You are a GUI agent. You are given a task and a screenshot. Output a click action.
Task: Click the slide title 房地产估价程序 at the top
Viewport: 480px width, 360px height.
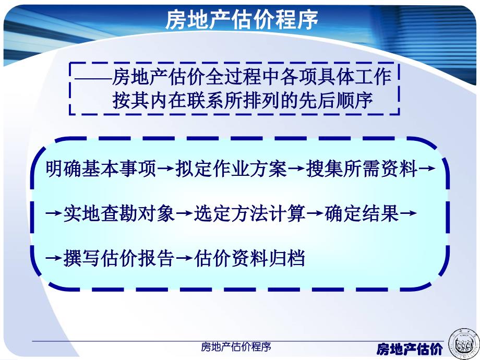click(242, 20)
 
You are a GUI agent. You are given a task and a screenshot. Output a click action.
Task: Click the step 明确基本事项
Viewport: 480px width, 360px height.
click(101, 169)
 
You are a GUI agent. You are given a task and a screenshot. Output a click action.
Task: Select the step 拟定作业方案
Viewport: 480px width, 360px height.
click(232, 169)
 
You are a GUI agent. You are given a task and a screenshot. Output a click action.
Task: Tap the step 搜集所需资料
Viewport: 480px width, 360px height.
click(362, 169)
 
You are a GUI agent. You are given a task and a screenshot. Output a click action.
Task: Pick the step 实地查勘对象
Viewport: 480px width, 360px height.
click(119, 213)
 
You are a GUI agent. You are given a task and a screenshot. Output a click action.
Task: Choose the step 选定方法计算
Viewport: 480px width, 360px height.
click(249, 213)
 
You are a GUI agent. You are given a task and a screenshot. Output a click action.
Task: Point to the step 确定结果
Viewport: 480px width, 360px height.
click(362, 213)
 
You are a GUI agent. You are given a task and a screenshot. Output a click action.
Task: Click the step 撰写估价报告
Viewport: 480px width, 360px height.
click(119, 258)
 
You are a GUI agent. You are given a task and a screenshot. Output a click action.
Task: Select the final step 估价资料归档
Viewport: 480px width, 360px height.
click(249, 258)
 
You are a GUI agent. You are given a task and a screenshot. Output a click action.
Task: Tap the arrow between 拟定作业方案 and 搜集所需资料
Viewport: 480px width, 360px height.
click(297, 169)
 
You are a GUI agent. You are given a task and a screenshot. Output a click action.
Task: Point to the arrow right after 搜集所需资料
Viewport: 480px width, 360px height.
click(427, 169)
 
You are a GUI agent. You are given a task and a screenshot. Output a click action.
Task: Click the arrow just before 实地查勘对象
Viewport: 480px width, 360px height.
click(54, 213)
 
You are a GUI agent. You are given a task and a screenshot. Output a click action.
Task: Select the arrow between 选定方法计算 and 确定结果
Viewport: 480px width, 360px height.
click(315, 213)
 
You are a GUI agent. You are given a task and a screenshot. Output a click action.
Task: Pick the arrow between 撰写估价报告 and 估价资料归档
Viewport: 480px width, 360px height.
click(184, 258)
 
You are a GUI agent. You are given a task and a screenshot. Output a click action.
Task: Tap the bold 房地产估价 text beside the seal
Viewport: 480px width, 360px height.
click(410, 349)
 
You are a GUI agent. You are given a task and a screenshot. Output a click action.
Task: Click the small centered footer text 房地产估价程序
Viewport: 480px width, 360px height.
click(236, 347)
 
